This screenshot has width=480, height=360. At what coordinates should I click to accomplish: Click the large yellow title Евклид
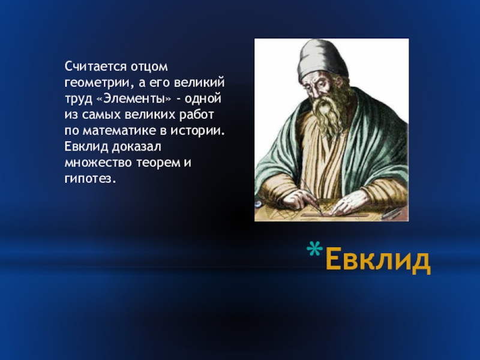point(378,259)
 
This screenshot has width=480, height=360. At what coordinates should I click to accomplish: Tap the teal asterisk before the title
point(314,248)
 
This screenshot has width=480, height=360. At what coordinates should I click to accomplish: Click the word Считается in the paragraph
point(95,67)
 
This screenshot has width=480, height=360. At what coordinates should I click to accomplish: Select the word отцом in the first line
point(149,67)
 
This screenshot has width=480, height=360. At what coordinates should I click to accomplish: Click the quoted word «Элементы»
point(134,98)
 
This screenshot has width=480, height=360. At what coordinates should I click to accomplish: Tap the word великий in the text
point(199,83)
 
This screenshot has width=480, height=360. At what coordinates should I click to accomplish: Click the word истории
point(198,131)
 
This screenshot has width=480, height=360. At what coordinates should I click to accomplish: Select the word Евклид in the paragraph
point(86,147)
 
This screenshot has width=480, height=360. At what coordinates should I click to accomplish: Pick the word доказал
point(136,147)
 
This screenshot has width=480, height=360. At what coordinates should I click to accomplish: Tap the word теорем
point(158,163)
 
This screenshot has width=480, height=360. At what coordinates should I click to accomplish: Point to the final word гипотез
point(91,179)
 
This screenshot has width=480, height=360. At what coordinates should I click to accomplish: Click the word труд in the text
point(79,99)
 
